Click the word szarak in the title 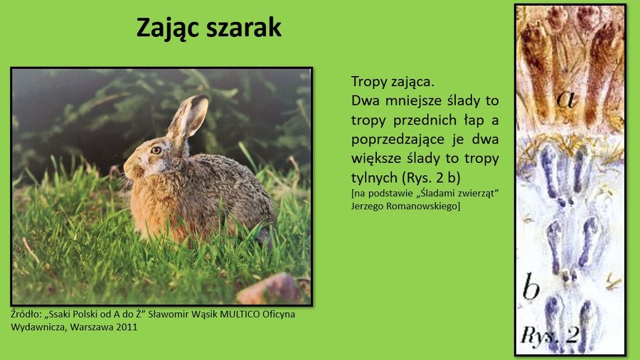tap(244, 28)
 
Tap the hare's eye tap(156, 150)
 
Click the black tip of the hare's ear tap(200, 99)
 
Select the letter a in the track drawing tap(567, 99)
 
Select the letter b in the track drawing tap(531, 286)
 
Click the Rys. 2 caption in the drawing tap(550, 334)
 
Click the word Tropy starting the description tap(369, 82)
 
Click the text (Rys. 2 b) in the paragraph tap(432, 178)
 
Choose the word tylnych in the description tap(375, 178)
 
